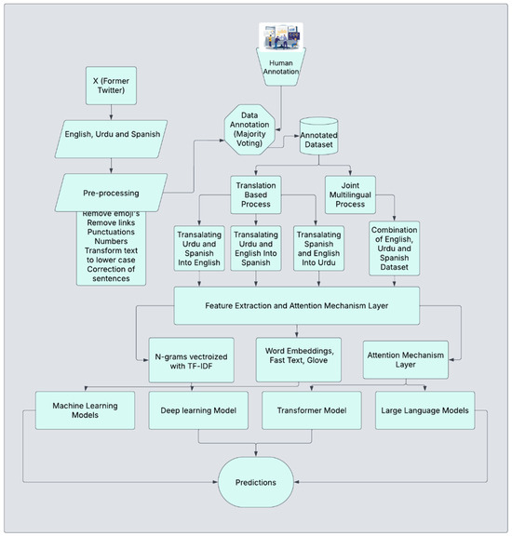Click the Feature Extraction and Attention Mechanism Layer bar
coord(296,306)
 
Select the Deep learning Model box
coord(196,410)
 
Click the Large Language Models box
coord(424,410)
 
